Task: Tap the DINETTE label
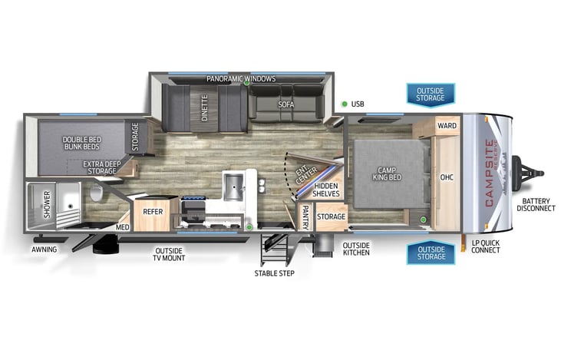coord(206,108)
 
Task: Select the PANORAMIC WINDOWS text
coord(241,79)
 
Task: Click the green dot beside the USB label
coord(345,104)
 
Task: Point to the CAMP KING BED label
coord(390,174)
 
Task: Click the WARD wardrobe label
coord(447,125)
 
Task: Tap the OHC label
coord(447,177)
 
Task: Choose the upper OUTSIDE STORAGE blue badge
coord(430,94)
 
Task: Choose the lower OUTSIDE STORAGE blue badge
coord(430,252)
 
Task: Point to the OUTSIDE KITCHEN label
coord(356,249)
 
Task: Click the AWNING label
coord(44,249)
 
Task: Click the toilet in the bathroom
coord(96,193)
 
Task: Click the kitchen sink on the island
coord(233,184)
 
